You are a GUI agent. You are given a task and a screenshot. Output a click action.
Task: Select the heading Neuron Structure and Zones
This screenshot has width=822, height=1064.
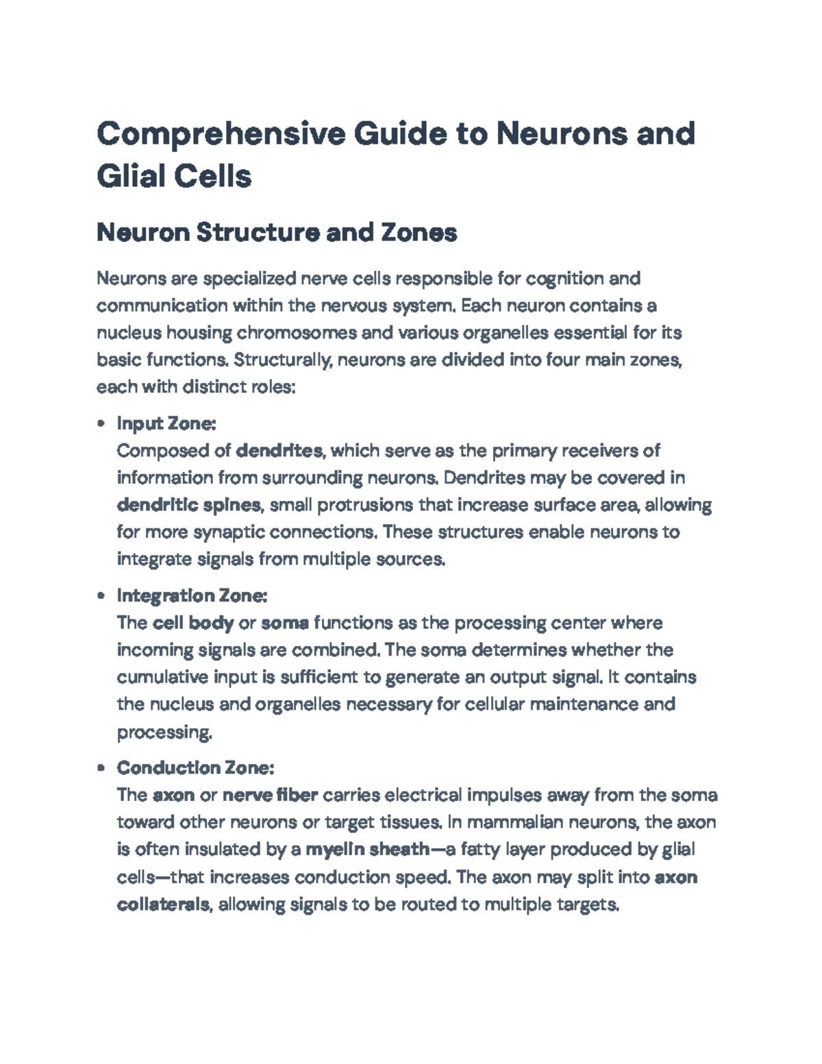277,233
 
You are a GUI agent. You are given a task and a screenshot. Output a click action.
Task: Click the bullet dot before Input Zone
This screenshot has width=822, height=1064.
102,424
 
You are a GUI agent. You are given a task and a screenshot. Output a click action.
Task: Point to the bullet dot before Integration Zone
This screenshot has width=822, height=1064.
102,596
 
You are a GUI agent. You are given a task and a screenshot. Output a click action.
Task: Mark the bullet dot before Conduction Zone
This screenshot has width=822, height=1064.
102,768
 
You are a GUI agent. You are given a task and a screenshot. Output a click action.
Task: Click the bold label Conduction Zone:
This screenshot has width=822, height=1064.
195,767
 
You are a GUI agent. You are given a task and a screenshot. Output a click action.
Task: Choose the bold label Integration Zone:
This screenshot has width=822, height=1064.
192,595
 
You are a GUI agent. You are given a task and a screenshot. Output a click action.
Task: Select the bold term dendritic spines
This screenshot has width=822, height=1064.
189,506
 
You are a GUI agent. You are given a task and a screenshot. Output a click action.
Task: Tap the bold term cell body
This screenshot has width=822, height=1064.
193,623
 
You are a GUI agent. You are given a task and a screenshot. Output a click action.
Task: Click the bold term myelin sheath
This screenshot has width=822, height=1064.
368,850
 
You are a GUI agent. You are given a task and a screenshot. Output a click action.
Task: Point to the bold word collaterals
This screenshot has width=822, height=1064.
163,905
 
